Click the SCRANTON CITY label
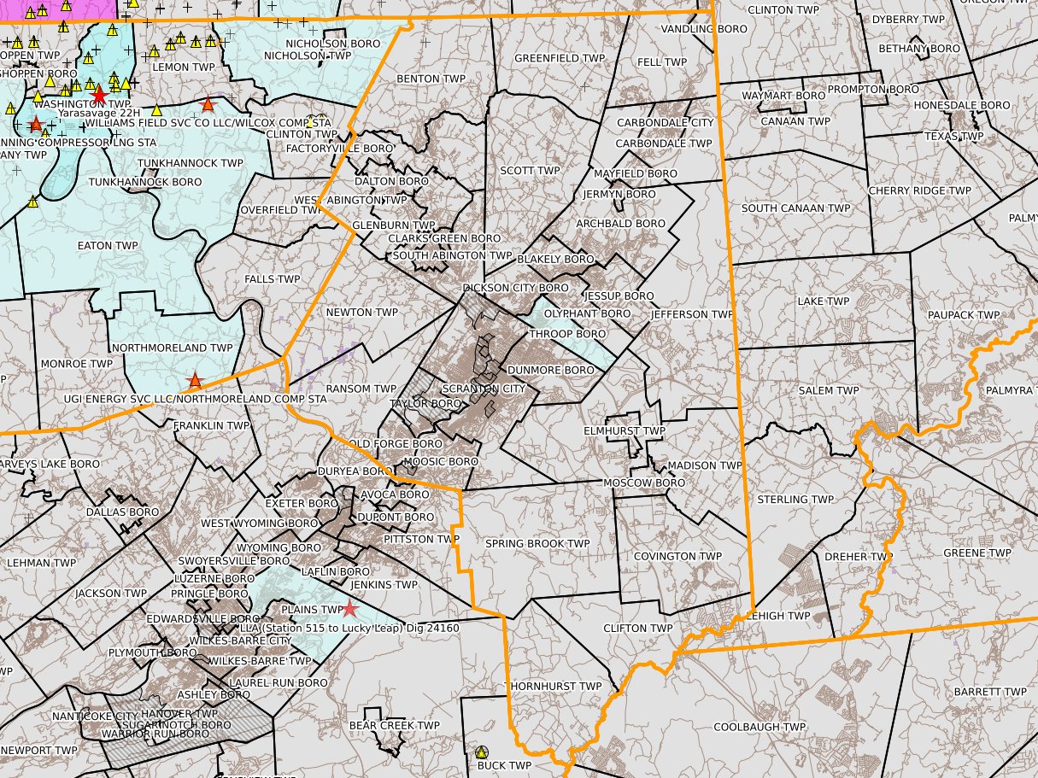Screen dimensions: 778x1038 (484, 389)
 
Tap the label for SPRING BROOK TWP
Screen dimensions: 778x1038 (537, 543)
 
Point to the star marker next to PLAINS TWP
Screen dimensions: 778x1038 (349, 609)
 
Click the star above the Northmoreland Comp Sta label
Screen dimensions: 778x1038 (196, 380)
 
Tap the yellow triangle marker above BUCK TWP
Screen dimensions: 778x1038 (482, 752)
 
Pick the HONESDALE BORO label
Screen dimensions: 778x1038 (962, 105)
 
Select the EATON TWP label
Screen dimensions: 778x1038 (108, 245)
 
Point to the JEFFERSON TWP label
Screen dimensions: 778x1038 (691, 314)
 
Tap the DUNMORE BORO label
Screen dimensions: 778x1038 (550, 370)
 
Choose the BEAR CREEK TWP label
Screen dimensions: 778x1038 (394, 725)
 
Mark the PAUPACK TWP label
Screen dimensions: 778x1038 (963, 315)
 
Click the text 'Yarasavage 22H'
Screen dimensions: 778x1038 (98, 112)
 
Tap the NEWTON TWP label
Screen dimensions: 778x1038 (362, 313)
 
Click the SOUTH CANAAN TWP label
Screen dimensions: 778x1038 (795, 208)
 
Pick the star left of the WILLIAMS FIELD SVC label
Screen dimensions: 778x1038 (35, 125)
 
